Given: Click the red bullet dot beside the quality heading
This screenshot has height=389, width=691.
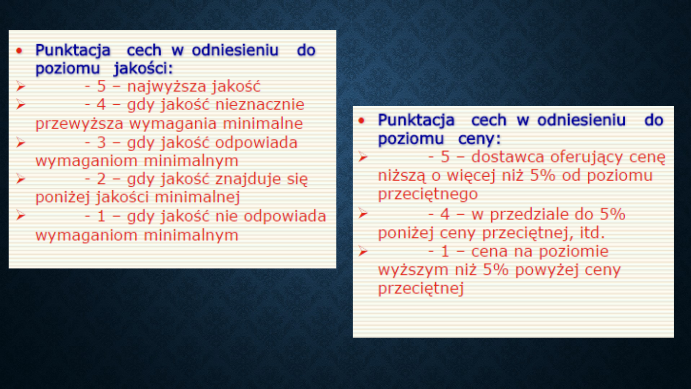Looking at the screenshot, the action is (19, 50).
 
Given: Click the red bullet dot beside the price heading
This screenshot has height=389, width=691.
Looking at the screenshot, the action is (361, 121).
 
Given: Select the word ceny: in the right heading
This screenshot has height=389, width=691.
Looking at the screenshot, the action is (479, 139).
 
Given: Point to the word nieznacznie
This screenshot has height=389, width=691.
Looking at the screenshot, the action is (260, 104).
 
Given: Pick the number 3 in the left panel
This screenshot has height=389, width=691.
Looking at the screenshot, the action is (102, 143).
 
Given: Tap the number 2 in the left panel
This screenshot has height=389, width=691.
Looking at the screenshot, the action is (102, 179).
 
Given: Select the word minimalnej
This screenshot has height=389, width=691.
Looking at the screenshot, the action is (197, 197).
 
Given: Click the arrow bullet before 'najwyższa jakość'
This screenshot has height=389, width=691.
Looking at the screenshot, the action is (21, 86).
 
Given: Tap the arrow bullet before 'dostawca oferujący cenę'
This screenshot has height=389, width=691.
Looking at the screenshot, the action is (363, 157).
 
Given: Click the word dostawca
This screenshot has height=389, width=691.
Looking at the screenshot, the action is (508, 157).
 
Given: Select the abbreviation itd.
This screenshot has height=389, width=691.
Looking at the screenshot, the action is (592, 233).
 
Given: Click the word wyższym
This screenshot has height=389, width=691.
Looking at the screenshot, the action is (413, 270).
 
